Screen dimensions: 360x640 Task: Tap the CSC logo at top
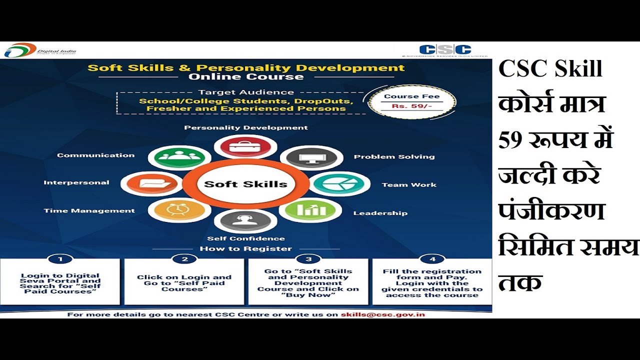pyautogui.click(x=445, y=50)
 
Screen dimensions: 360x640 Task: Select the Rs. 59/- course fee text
pyautogui.click(x=411, y=106)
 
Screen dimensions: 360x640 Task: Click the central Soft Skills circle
pyautogui.click(x=245, y=184)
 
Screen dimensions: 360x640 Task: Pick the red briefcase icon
pyautogui.click(x=245, y=146)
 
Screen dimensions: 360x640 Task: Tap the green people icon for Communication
pyautogui.click(x=179, y=157)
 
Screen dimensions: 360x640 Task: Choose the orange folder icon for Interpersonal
pyautogui.click(x=152, y=183)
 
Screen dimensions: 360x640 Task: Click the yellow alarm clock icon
pyautogui.click(x=179, y=209)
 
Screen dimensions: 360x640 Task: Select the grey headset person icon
pyautogui.click(x=245, y=220)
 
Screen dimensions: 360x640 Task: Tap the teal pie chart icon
pyautogui.click(x=339, y=183)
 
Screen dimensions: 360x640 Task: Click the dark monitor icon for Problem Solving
pyautogui.click(x=311, y=157)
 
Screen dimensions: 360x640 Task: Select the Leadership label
pyautogui.click(x=380, y=213)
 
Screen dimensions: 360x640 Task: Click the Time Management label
pyautogui.click(x=89, y=211)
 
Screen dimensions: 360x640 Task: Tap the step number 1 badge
pyautogui.click(x=60, y=259)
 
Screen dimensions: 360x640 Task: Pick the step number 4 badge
pyautogui.click(x=432, y=259)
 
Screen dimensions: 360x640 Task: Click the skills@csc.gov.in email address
pyautogui.click(x=383, y=315)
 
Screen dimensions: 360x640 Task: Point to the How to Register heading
pyautogui.click(x=245, y=248)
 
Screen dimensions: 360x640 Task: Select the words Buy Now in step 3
pyautogui.click(x=308, y=295)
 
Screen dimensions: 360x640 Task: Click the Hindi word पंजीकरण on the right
pyautogui.click(x=551, y=210)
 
